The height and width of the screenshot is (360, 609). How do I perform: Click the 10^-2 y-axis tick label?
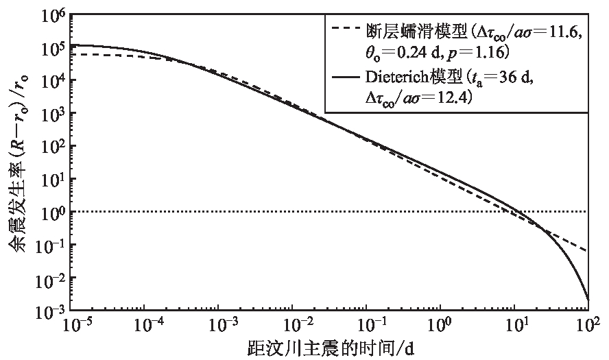coord(51,278)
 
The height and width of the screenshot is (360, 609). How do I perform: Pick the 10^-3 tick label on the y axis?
coord(51,311)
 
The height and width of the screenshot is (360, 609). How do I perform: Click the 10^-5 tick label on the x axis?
coord(72,325)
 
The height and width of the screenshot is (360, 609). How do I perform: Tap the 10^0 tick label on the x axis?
coord(443,325)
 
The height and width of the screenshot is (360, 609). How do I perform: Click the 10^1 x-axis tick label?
coord(516,325)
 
